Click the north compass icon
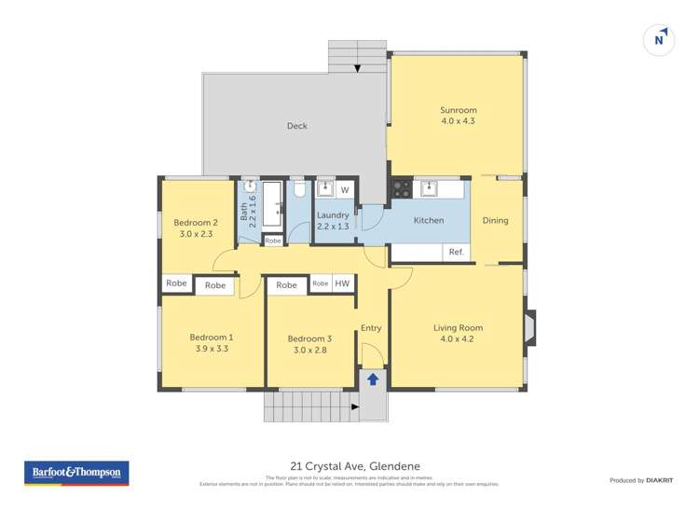click(659, 40)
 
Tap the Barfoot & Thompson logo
click(76, 474)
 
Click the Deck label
click(296, 126)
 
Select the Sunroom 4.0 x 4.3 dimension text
click(458, 121)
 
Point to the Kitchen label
click(429, 221)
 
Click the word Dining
click(496, 221)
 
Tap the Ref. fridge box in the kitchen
click(457, 253)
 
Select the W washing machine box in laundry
click(344, 190)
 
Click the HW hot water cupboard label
click(342, 283)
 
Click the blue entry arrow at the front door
click(373, 379)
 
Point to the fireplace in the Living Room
click(529, 328)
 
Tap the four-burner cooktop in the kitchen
click(401, 188)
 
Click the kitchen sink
click(429, 188)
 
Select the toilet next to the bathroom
click(299, 190)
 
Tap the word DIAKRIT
click(659, 480)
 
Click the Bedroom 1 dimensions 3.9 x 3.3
click(212, 349)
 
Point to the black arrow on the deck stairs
click(358, 68)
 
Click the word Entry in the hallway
click(371, 328)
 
